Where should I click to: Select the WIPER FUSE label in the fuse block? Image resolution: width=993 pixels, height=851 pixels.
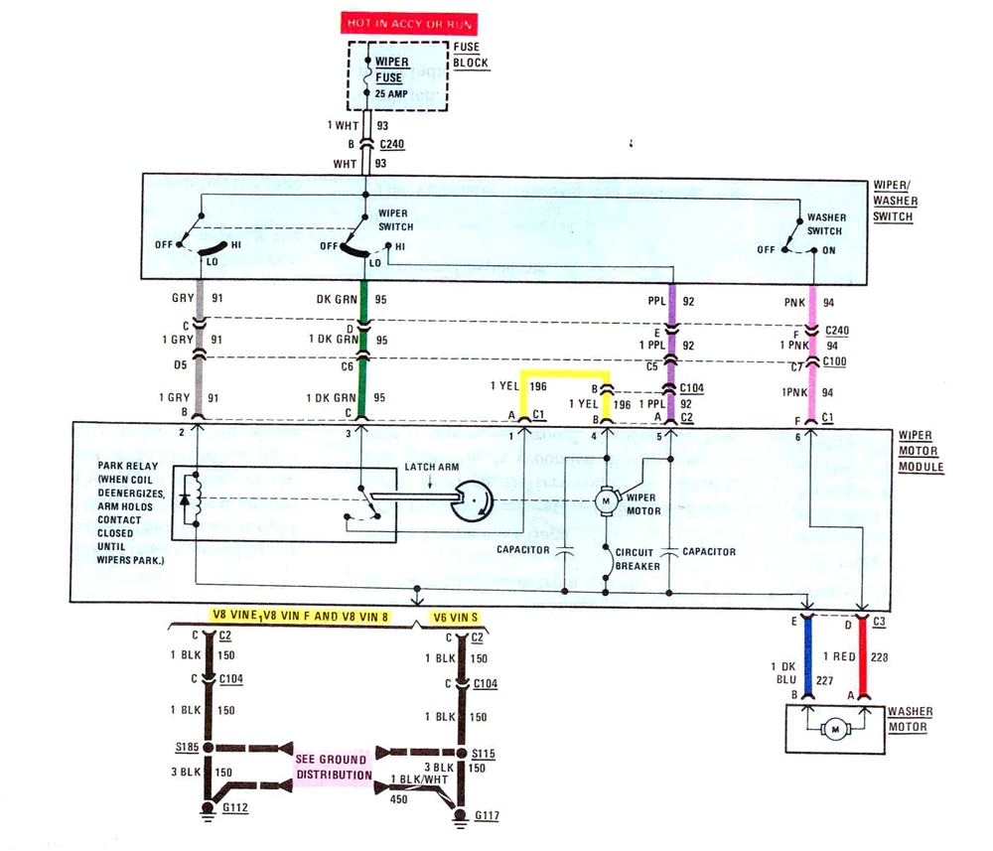coord(392,69)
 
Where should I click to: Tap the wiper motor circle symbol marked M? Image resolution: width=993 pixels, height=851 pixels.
coord(605,501)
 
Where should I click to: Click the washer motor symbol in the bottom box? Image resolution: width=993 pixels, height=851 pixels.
coord(835,730)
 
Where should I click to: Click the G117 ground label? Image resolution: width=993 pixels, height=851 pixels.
coord(489,815)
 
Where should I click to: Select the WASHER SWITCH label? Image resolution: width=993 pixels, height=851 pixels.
coord(825,223)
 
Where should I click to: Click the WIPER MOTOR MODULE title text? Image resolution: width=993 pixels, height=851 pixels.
coord(921,451)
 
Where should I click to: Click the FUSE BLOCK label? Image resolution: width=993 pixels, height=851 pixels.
coord(471,55)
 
